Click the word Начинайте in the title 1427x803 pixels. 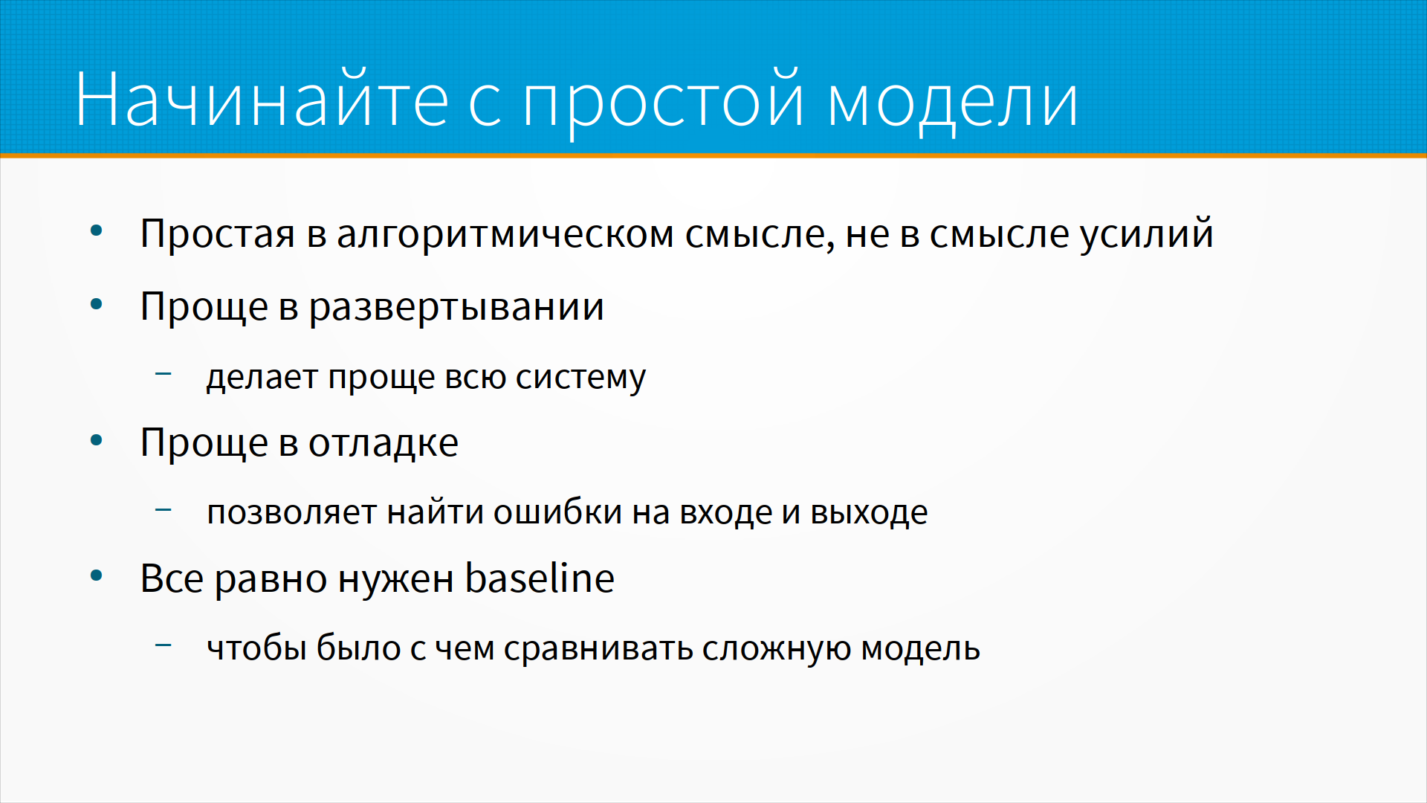262,100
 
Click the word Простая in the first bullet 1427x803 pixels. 217,234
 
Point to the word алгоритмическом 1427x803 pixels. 506,234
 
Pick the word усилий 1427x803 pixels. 1147,233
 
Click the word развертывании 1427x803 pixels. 456,308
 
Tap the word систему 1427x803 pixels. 580,378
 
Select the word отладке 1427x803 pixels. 384,444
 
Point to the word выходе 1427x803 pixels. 869,512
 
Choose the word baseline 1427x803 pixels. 540,578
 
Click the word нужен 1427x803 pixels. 396,579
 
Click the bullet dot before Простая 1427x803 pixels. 96,230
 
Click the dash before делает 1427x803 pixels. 163,373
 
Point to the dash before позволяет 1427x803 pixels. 163,509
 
